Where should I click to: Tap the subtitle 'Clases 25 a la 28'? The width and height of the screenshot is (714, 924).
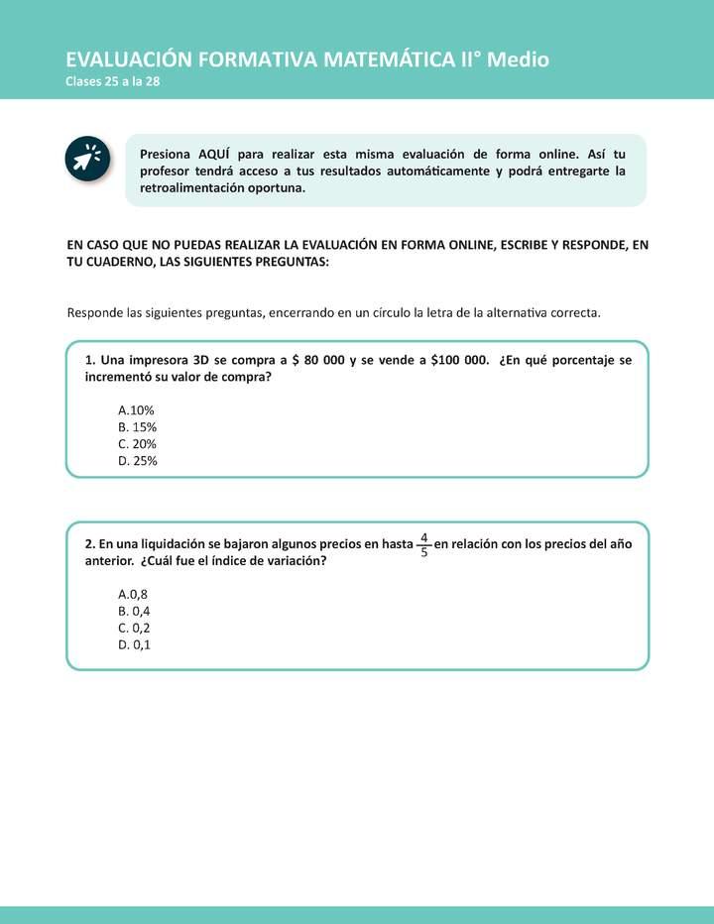(x=112, y=82)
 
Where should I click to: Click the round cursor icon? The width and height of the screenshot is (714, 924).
(x=87, y=159)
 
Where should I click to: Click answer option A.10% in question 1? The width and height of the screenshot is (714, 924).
(x=136, y=410)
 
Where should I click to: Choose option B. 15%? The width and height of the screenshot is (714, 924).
(x=137, y=427)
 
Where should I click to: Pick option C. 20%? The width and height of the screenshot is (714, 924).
(x=137, y=444)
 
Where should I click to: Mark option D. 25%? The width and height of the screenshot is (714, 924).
(x=137, y=461)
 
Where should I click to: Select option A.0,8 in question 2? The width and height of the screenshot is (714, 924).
(x=133, y=594)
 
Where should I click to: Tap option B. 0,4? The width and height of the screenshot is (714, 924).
(x=134, y=611)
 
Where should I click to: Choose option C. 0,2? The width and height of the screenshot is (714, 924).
(x=134, y=628)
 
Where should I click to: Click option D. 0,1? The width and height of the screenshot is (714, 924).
(x=134, y=644)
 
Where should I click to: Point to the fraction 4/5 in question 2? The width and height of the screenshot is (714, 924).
(x=424, y=544)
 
